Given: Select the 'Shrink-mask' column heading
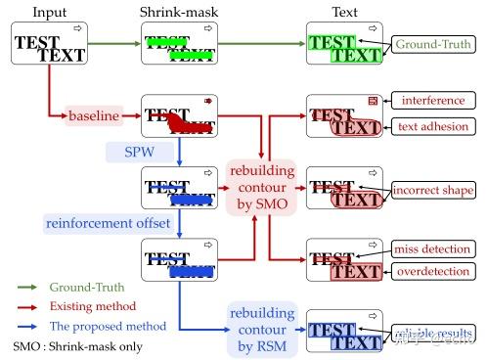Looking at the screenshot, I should click(x=180, y=12).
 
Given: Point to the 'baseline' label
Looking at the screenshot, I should click(x=93, y=116).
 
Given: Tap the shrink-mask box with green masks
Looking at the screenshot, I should click(x=180, y=44).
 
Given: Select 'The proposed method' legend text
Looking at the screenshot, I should click(x=107, y=325).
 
